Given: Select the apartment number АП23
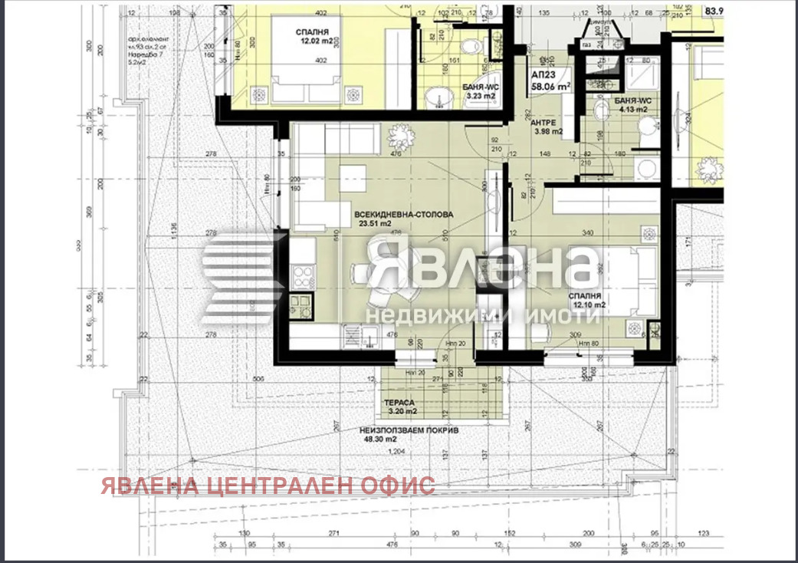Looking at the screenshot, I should click(x=546, y=76).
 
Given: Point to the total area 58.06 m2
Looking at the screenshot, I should click(x=552, y=88).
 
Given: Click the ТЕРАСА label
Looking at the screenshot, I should click(x=400, y=402).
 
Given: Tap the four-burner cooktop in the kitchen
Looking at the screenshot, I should click(x=303, y=275).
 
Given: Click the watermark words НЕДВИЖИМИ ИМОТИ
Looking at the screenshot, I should click(x=481, y=315).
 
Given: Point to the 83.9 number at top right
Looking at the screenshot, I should click(x=715, y=11).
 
